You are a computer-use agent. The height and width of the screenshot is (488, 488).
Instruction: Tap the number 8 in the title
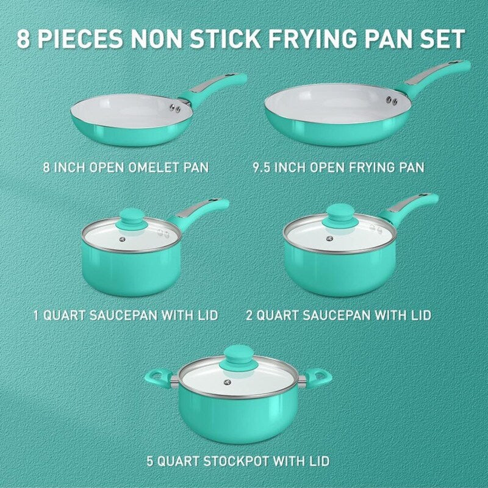point(23,38)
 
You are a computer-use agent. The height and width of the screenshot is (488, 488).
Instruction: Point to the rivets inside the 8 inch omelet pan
point(175,108)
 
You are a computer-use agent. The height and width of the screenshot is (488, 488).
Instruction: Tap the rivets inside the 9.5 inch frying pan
point(392,100)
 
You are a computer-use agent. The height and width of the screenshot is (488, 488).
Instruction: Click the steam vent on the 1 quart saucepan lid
point(122,239)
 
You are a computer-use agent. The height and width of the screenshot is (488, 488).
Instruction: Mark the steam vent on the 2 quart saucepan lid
point(329,239)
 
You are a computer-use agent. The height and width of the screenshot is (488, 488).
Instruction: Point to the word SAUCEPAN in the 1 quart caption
point(123,315)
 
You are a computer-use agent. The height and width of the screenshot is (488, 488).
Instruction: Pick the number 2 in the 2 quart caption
point(249,315)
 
